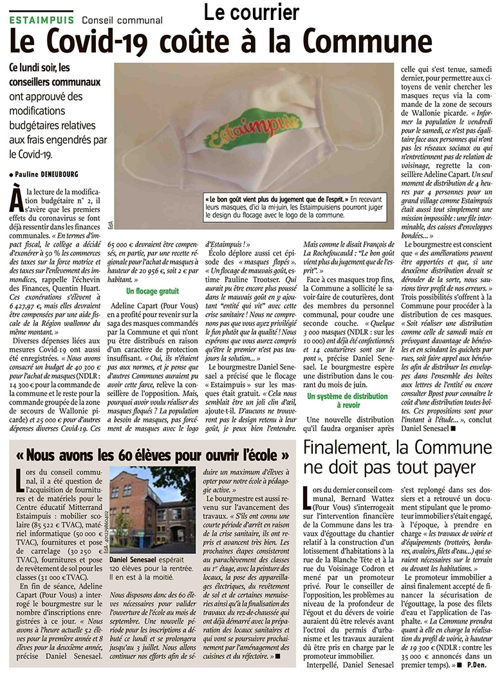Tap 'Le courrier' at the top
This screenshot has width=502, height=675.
pyautogui.click(x=252, y=12)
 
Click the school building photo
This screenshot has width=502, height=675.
pyautogui.click(x=152, y=506)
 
